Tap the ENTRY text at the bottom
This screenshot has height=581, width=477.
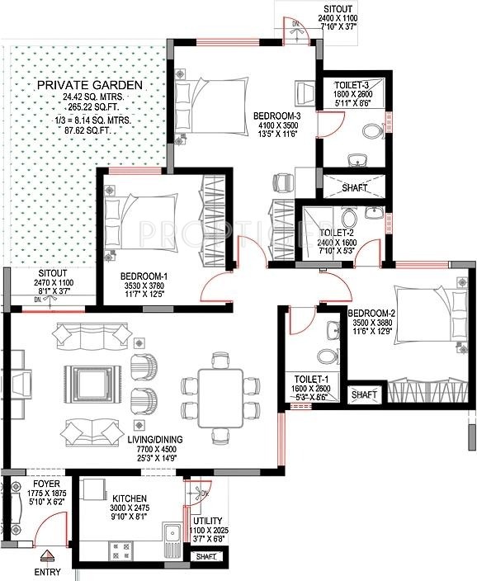(47, 570)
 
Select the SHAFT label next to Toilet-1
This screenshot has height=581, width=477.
(365, 395)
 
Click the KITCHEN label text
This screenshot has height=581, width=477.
(130, 499)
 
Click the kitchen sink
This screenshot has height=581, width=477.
(172, 539)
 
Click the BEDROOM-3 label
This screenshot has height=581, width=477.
(276, 116)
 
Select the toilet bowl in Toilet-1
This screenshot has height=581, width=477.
(328, 355)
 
